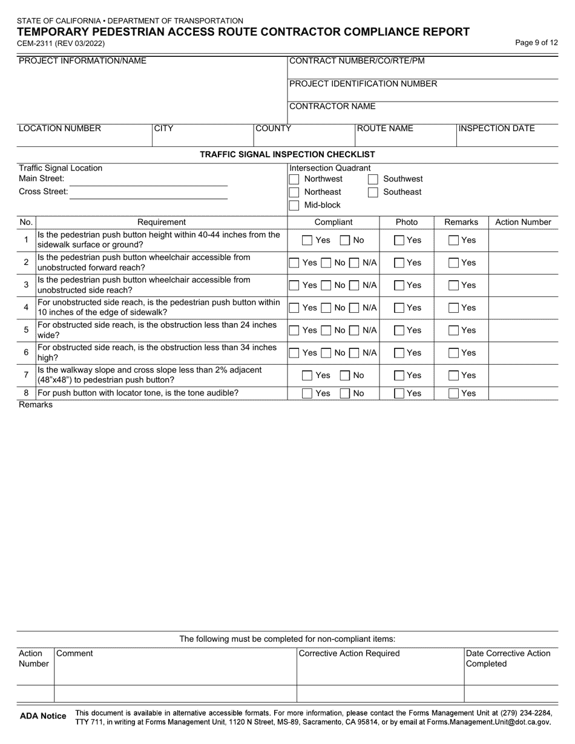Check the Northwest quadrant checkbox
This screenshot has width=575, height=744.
[294, 180]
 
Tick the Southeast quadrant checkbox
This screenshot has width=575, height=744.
[373, 192]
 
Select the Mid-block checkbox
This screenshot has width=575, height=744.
[294, 206]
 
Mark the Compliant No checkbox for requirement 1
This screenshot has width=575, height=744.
[345, 241]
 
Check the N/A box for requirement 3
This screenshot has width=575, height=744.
[355, 286]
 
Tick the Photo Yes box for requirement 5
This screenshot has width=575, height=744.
[399, 331]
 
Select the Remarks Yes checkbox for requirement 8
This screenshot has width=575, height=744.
[453, 394]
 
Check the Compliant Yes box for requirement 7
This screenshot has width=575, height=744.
[307, 376]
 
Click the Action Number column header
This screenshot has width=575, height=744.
[523, 223]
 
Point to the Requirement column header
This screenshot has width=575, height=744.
[162, 223]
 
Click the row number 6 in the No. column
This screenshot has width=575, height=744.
[26, 353]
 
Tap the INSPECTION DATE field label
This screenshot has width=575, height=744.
[497, 128]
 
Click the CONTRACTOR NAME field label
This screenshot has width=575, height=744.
[332, 106]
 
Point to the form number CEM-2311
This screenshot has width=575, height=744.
[61, 44]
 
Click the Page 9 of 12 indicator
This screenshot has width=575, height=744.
[536, 43]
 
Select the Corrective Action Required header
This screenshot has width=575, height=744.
[349, 653]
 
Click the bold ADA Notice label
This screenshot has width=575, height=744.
[43, 716]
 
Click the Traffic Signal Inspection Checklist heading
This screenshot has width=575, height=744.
[287, 155]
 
